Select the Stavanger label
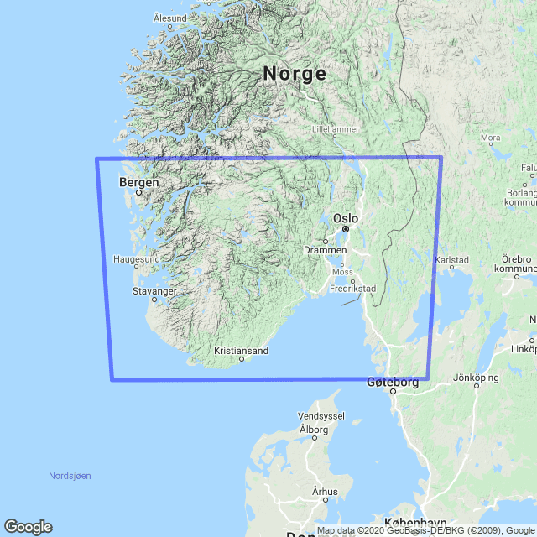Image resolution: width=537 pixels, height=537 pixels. pos(154,290)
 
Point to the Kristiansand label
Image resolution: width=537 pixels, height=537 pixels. pos(241,350)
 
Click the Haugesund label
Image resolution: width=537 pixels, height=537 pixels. pos(136,259)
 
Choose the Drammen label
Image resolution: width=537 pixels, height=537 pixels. pos(326,251)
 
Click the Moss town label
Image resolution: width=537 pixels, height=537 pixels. pos(342,272)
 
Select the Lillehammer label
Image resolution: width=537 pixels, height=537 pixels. pos(335,129)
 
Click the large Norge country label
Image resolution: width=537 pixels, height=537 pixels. pos(295,74)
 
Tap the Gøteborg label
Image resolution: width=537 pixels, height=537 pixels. pos(393,382)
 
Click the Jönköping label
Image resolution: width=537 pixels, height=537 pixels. pos(474,378)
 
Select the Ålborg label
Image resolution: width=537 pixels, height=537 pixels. pos(314,430)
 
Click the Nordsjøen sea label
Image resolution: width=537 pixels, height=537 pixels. pos(70,476)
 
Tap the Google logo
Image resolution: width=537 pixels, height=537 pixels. pos(28,526)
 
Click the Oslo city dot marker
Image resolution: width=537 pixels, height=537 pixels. pos(345,228)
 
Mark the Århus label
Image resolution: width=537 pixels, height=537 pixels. pos(325,492)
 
